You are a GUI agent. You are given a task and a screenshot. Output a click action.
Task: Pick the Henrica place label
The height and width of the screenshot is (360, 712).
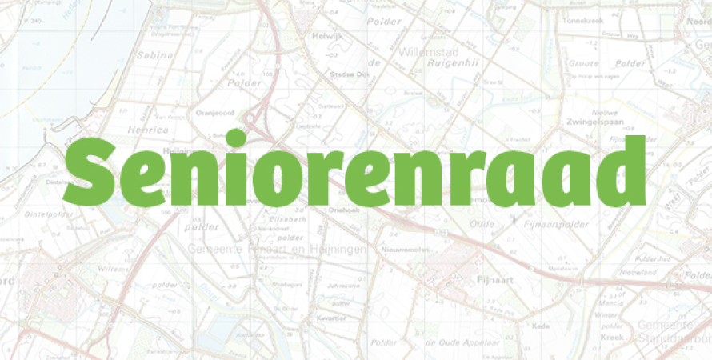coord(147,130)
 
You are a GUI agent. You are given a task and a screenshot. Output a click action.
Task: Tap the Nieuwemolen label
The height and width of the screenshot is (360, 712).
coord(410,249)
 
